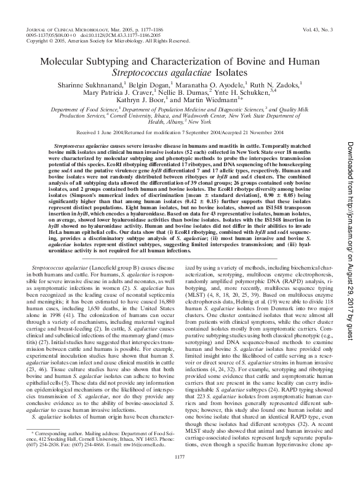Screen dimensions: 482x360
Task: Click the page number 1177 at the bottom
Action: (179, 473)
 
